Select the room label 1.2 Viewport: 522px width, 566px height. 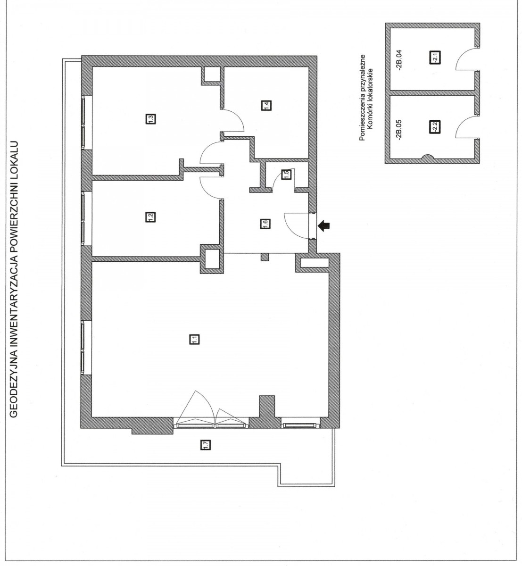[x=150, y=217]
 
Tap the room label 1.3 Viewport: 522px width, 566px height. [x=151, y=118]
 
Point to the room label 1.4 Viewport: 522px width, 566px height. [x=266, y=106]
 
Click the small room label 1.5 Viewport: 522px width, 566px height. [x=286, y=175]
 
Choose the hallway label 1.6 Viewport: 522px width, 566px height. [x=265, y=224]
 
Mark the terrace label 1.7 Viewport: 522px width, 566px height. [x=206, y=445]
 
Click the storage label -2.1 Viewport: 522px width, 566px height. [x=435, y=57]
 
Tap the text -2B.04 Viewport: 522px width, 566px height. [x=399, y=60]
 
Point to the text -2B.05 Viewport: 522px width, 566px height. [x=399, y=130]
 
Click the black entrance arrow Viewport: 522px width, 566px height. [x=324, y=226]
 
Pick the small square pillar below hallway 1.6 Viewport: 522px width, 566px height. [x=265, y=257]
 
